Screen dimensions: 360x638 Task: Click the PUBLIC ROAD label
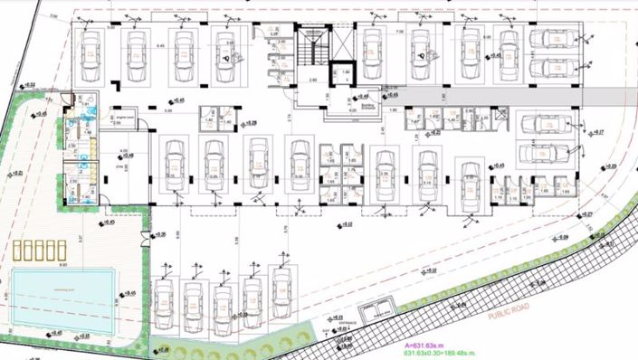506,313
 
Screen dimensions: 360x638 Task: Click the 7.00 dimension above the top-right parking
398,32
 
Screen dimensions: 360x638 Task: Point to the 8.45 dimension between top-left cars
160,44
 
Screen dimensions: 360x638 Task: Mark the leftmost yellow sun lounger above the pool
19,251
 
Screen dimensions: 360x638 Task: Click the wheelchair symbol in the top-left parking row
227,52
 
